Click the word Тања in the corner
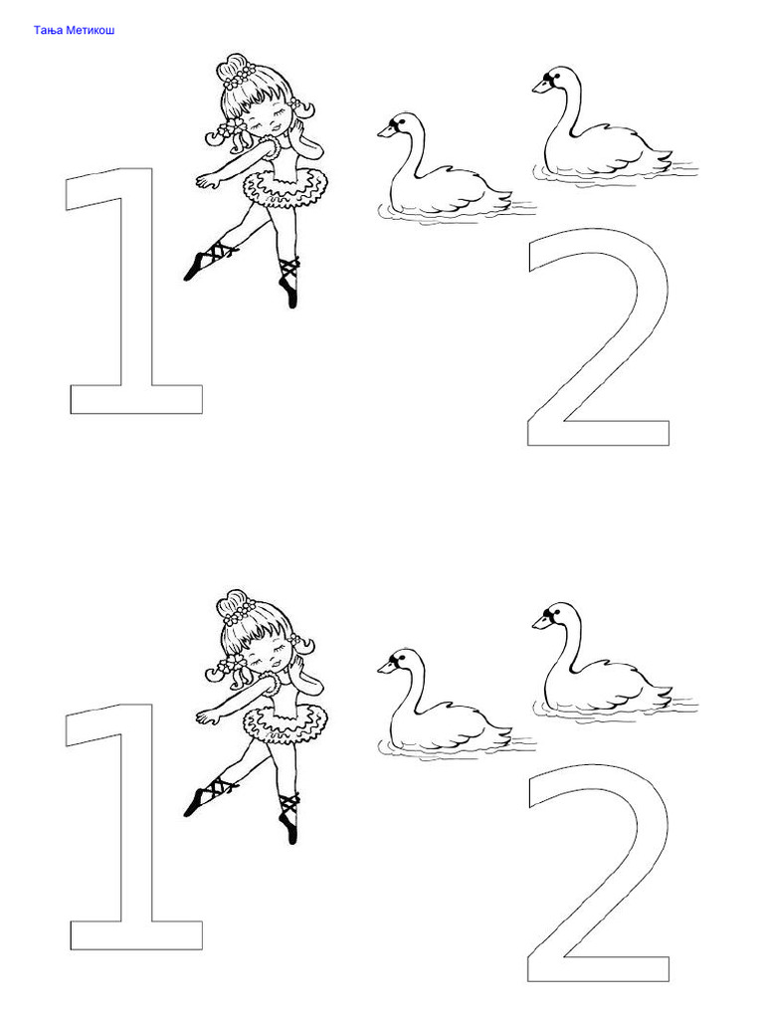pos(49,30)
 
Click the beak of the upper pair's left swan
pos(385,131)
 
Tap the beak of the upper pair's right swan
pos(540,86)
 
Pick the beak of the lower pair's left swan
pos(385,668)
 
